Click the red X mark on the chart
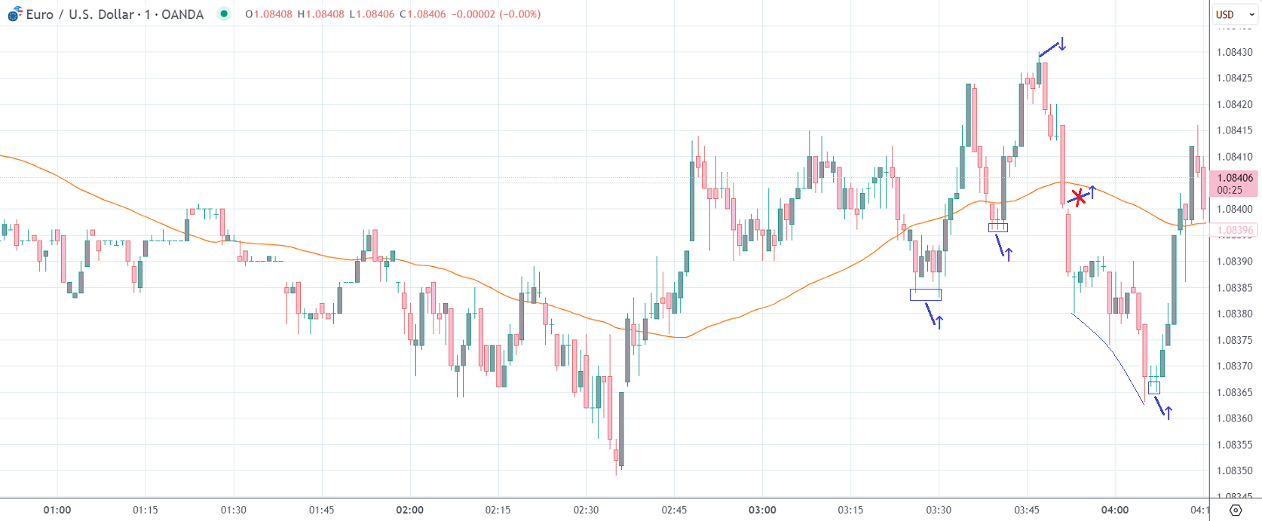point(1079,198)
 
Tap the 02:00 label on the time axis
point(410,510)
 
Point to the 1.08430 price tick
point(1234,52)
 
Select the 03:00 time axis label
point(762,510)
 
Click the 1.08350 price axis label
point(1234,470)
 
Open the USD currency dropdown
point(1234,14)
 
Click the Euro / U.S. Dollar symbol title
point(115,14)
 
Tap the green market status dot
point(224,14)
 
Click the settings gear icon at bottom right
point(1235,510)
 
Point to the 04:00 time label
point(1114,510)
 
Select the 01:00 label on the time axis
point(57,510)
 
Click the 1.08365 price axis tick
point(1234,392)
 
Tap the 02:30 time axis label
point(586,510)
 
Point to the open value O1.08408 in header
point(268,14)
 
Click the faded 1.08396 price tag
point(1234,231)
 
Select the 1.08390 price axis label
point(1234,262)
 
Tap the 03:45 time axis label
point(1026,510)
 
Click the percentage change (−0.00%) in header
point(519,14)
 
